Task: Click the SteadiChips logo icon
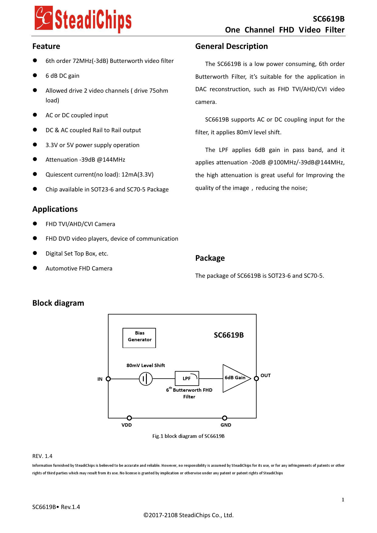(x=44, y=18)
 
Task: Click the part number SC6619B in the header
(x=328, y=19)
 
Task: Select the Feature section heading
(x=46, y=46)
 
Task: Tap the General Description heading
(x=231, y=46)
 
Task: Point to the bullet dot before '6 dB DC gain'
(x=35, y=75)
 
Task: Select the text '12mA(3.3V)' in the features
(x=137, y=175)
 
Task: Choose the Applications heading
(x=55, y=209)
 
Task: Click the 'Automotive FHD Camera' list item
(x=79, y=268)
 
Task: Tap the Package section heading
(x=210, y=258)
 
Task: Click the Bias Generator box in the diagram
(x=139, y=338)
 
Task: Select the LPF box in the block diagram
(x=187, y=378)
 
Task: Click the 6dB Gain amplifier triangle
(x=234, y=378)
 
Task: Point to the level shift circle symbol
(x=146, y=379)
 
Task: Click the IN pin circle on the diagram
(x=108, y=379)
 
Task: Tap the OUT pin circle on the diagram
(x=256, y=378)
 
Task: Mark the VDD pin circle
(x=129, y=418)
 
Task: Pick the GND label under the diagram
(x=226, y=425)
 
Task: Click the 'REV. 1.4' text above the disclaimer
(x=42, y=456)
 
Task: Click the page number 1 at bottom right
(x=343, y=500)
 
